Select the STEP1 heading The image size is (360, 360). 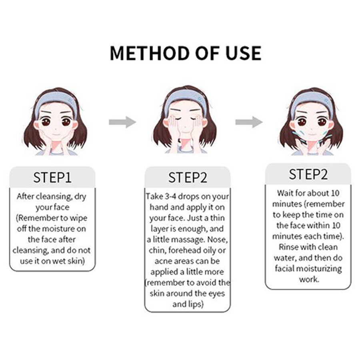[x=52, y=178]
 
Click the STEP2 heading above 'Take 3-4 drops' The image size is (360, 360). [x=188, y=178]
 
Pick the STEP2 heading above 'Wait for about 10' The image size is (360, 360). [x=308, y=174]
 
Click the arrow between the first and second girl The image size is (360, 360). [x=122, y=122]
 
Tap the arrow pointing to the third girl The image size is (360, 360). [x=249, y=122]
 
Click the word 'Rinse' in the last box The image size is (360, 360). [x=288, y=247]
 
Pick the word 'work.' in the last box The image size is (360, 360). [x=309, y=280]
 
